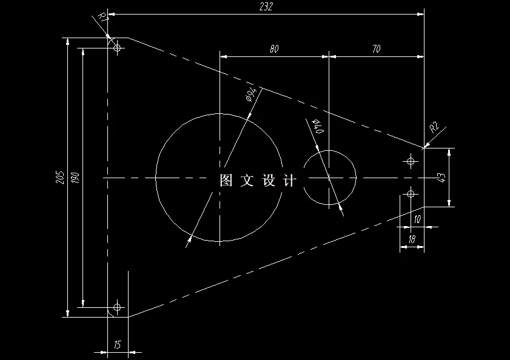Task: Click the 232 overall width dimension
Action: (266, 7)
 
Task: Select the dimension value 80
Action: (274, 50)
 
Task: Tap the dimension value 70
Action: (376, 50)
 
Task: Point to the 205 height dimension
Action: (59, 177)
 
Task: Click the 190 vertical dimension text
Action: (75, 177)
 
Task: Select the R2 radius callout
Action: (434, 127)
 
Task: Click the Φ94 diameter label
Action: (250, 95)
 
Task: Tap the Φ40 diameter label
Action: (318, 126)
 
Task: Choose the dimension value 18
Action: (412, 240)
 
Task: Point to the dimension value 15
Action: (118, 345)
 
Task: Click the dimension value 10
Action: (417, 219)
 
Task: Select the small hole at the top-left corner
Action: (118, 47)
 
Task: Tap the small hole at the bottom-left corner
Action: (118, 307)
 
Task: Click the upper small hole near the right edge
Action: (411, 161)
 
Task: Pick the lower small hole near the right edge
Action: (411, 194)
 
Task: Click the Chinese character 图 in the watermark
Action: (226, 180)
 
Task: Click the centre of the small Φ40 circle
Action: (329, 178)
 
